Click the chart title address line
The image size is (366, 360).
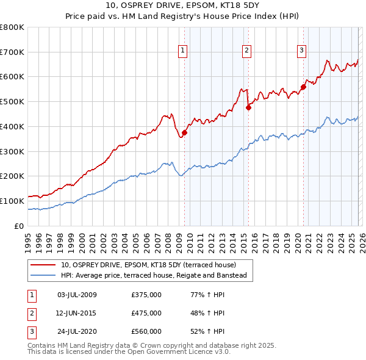click(x=183, y=7)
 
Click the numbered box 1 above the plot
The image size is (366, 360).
click(x=184, y=51)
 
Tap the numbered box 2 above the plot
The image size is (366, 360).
click(x=247, y=51)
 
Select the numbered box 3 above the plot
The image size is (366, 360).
click(x=302, y=51)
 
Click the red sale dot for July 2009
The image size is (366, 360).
click(x=184, y=132)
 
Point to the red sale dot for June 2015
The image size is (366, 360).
click(x=248, y=107)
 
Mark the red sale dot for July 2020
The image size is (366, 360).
click(x=303, y=87)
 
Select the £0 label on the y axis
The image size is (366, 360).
click(x=20, y=226)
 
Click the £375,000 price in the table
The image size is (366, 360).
click(x=146, y=295)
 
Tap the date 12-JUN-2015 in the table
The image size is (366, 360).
click(x=76, y=313)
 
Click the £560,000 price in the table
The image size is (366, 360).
click(x=146, y=331)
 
